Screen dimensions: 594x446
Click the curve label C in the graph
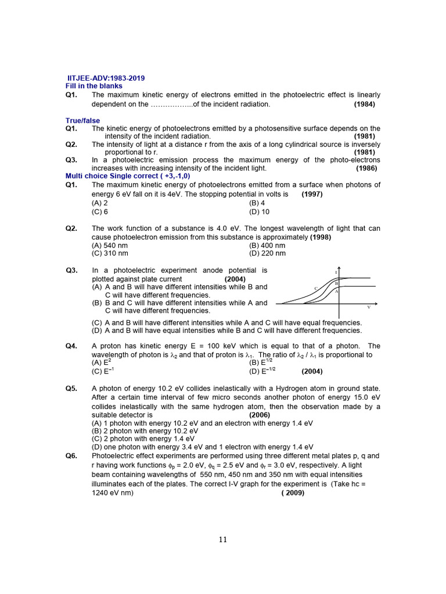click(x=316, y=288)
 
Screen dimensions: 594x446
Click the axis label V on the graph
click(x=369, y=307)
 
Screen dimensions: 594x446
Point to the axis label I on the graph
click(x=336, y=271)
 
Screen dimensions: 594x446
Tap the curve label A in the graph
click(x=336, y=291)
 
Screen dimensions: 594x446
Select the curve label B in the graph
click(x=336, y=283)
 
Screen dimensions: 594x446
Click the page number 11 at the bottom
click(x=223, y=539)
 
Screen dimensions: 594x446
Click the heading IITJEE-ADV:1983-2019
click(x=107, y=78)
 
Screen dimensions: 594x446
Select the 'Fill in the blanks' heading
click(x=94, y=86)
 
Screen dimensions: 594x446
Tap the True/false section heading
click(x=82, y=121)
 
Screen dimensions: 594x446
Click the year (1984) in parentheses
click(x=364, y=104)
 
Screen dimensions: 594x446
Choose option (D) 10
click(x=259, y=212)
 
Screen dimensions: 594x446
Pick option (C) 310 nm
click(x=110, y=253)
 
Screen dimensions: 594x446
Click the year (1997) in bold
click(x=312, y=194)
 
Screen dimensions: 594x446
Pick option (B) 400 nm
click(x=267, y=245)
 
